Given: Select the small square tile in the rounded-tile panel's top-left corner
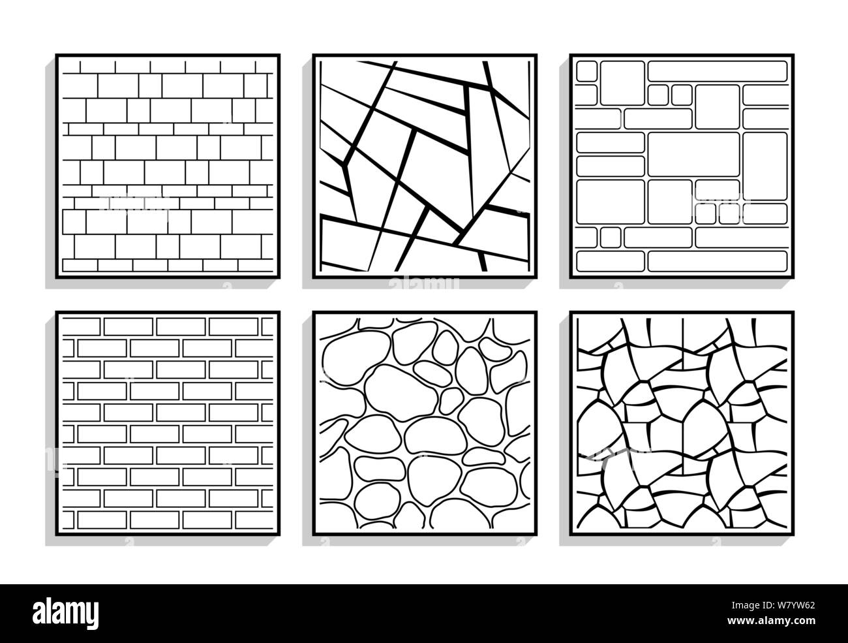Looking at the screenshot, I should (x=587, y=71).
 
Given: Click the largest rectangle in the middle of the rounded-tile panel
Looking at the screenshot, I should (x=693, y=154).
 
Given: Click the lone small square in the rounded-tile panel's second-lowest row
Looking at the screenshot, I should (x=610, y=237).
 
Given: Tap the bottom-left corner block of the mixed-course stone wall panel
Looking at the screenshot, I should (x=79, y=264).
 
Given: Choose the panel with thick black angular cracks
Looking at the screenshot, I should (x=425, y=166).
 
